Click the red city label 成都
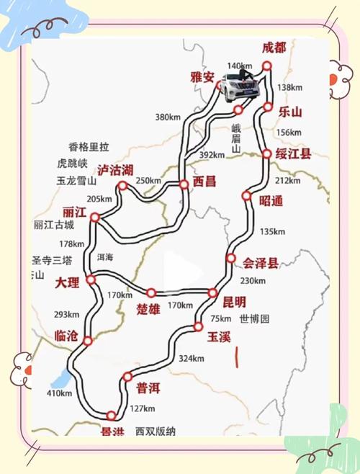click(274, 48)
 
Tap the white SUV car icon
click(240, 87)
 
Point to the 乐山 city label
click(291, 112)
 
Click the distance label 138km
click(290, 87)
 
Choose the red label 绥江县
click(295, 154)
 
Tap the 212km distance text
click(287, 180)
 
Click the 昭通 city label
click(271, 201)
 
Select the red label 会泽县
click(261, 263)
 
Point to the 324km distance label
click(191, 358)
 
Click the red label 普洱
click(149, 388)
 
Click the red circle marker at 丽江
click(94, 216)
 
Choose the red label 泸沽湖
click(115, 170)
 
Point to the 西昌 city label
click(204, 182)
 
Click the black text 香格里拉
click(89, 146)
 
